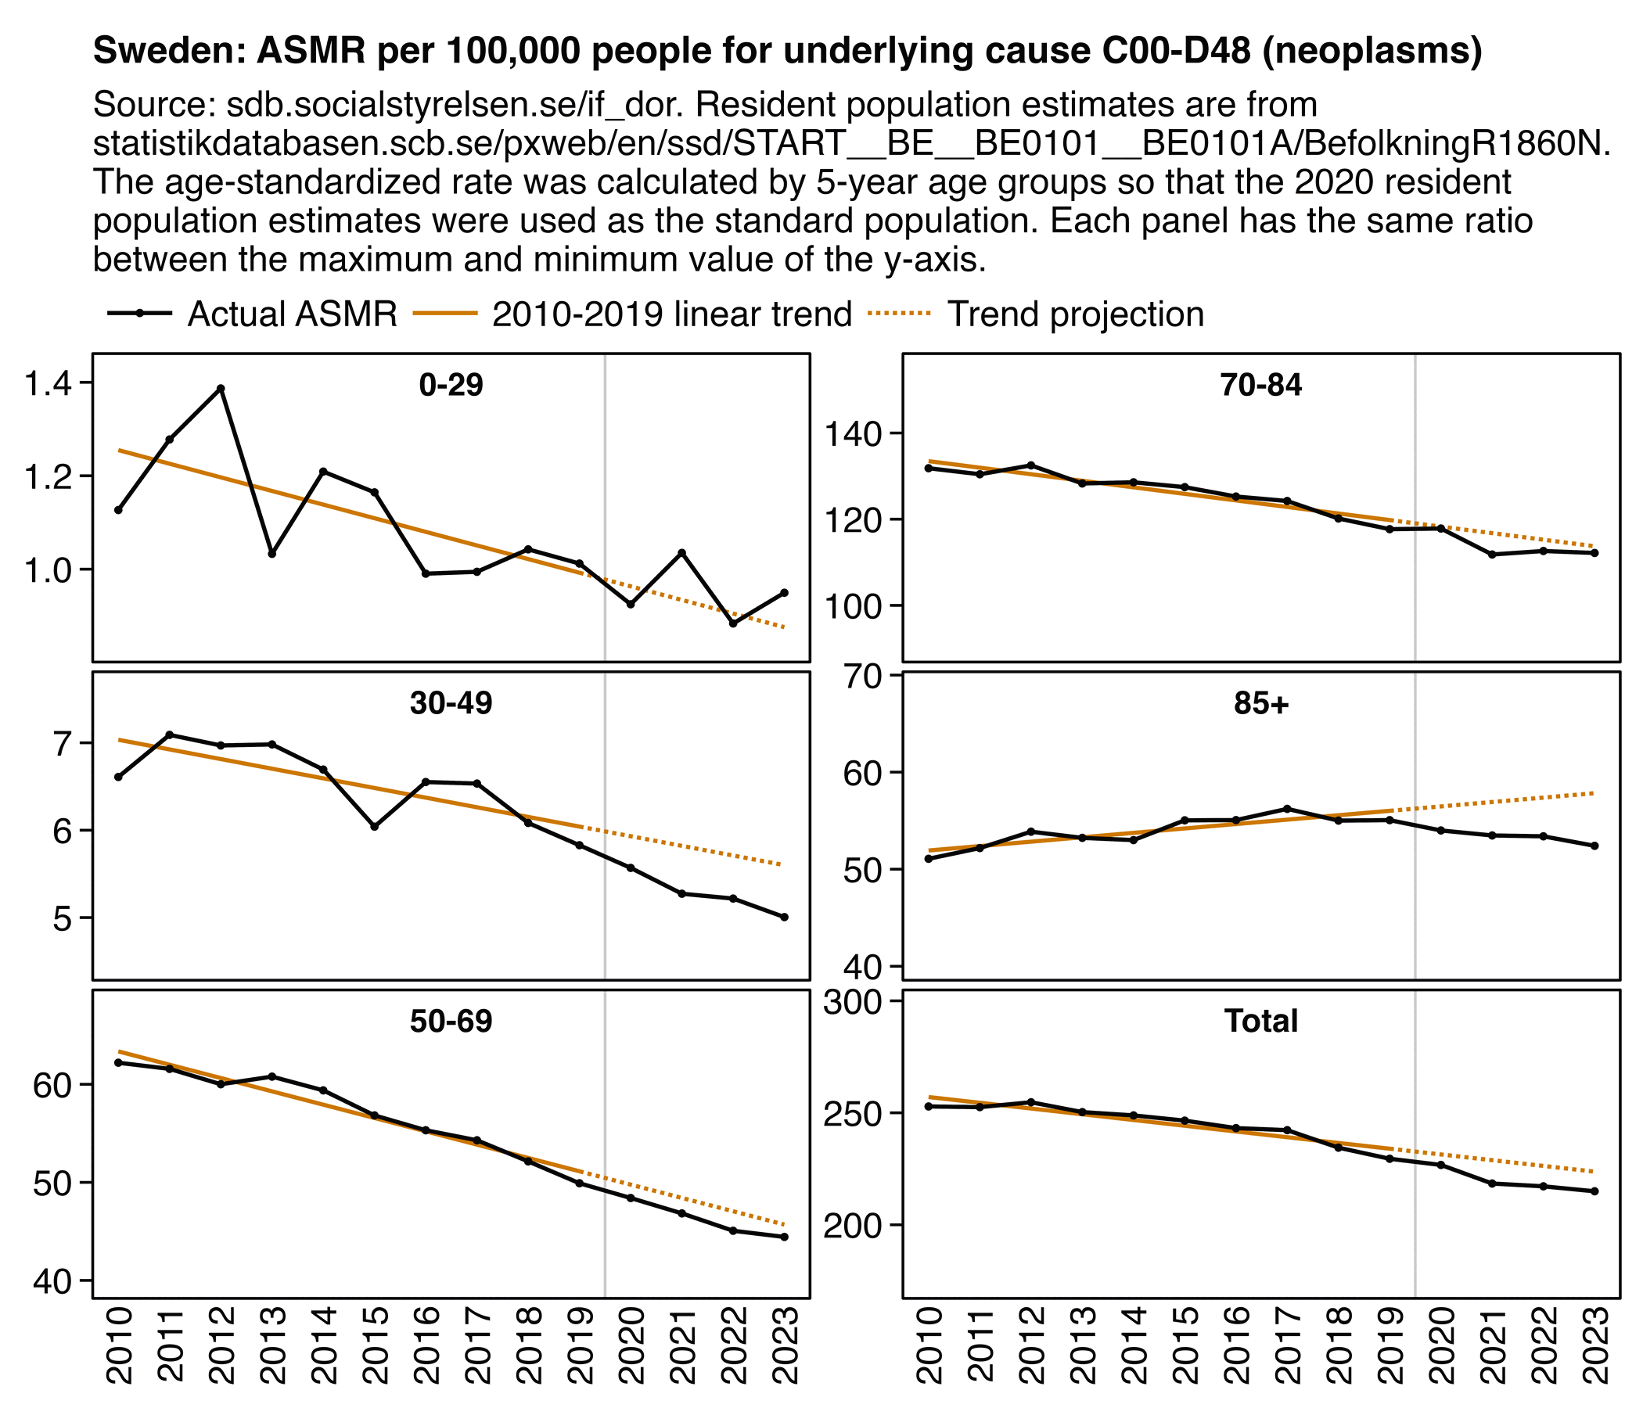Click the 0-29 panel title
(451, 386)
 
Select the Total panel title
(1260, 1021)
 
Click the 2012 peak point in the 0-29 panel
(221, 389)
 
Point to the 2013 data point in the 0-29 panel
(272, 553)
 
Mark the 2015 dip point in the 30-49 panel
(374, 827)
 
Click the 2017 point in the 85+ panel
(1286, 809)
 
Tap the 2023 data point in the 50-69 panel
(784, 1237)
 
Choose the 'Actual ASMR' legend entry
(292, 314)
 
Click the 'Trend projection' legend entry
(1075, 314)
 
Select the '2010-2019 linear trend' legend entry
(671, 314)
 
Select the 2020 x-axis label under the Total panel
(1441, 1345)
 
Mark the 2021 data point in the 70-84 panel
(1491, 554)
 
